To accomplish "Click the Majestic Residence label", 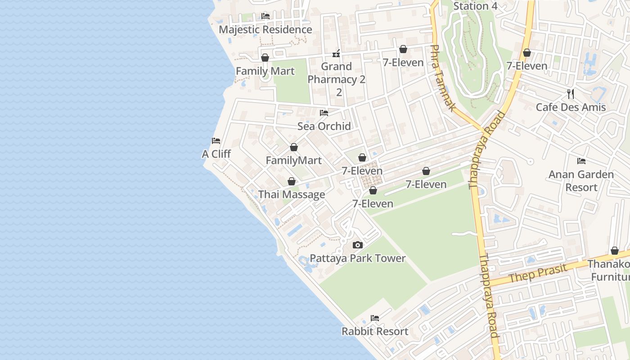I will (265, 30).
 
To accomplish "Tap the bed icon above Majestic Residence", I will (265, 16).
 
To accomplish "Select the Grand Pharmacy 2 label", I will (337, 73).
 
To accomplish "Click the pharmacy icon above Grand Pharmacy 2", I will (336, 54).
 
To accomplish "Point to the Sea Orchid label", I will (324, 126).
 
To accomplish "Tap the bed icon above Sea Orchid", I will (324, 113).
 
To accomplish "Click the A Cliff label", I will (216, 154).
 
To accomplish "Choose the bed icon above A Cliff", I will (216, 141).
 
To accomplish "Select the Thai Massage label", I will (292, 195).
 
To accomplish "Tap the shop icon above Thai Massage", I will (292, 181).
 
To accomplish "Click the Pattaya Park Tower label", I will (358, 258).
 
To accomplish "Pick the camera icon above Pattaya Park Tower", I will (358, 245).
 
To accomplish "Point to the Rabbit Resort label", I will (375, 332).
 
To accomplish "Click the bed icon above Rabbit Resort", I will (375, 318).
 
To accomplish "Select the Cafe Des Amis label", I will (571, 108).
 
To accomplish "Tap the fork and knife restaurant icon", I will (571, 94).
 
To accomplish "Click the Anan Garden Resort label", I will (581, 181).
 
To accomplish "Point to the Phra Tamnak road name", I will (443, 78).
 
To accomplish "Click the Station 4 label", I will (475, 6).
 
